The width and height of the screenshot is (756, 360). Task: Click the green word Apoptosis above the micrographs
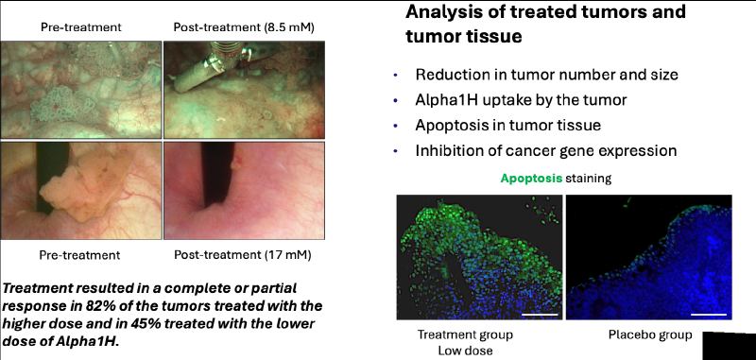[x=531, y=179]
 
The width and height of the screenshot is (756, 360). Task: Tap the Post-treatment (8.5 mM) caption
[x=244, y=27]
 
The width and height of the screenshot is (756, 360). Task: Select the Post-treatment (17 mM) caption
[x=243, y=254]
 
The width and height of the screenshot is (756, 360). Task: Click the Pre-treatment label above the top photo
[x=81, y=27]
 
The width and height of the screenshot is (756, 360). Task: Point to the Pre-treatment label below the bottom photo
[x=80, y=254]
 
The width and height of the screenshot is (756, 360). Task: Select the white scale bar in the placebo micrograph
[x=708, y=315]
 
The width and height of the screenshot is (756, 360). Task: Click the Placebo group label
[x=650, y=334]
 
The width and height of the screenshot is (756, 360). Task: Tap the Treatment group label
[x=465, y=334]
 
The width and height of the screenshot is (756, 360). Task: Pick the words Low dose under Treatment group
[x=465, y=351]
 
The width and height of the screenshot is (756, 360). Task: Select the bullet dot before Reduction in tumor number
[x=396, y=76]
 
